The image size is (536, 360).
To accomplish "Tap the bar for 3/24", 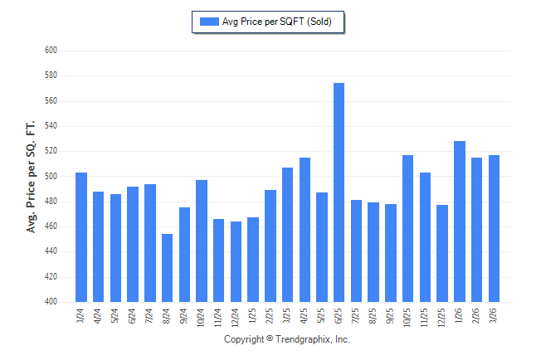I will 81,237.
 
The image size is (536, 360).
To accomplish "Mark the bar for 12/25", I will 442,253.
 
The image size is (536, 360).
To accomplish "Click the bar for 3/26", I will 494,228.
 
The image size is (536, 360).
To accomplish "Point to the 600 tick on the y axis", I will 50,51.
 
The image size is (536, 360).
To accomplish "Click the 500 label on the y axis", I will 50,177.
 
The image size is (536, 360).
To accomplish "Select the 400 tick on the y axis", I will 50,302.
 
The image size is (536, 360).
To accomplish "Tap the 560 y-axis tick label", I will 50,101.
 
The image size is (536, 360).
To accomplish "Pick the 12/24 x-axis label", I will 236,318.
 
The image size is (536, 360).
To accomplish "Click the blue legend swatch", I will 208,22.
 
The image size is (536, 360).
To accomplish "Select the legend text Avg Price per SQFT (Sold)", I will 277,22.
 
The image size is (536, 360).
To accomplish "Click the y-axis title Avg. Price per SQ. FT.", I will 32,176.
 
